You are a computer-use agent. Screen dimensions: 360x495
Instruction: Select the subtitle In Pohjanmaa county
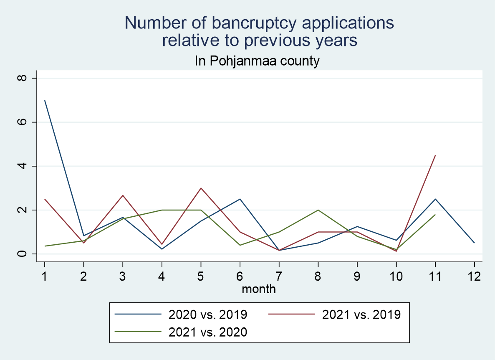(257, 61)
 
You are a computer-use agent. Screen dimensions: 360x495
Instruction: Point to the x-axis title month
(259, 289)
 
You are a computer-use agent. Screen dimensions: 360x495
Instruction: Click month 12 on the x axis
(474, 276)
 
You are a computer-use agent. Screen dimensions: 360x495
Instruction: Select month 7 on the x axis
(279, 276)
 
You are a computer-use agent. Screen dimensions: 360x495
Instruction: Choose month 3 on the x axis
(123, 276)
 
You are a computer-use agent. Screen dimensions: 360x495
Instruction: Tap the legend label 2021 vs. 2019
(361, 314)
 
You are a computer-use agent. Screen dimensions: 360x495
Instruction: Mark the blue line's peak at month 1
(45, 100)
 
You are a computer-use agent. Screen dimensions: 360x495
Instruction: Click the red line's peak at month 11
(435, 155)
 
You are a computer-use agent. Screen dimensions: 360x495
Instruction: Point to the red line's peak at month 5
(201, 188)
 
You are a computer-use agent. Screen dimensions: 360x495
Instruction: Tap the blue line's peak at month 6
(240, 199)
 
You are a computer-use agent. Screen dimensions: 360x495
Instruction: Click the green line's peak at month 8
(318, 210)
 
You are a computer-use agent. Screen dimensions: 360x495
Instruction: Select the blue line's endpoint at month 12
(474, 243)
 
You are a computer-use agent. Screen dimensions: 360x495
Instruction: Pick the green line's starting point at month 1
(45, 246)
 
